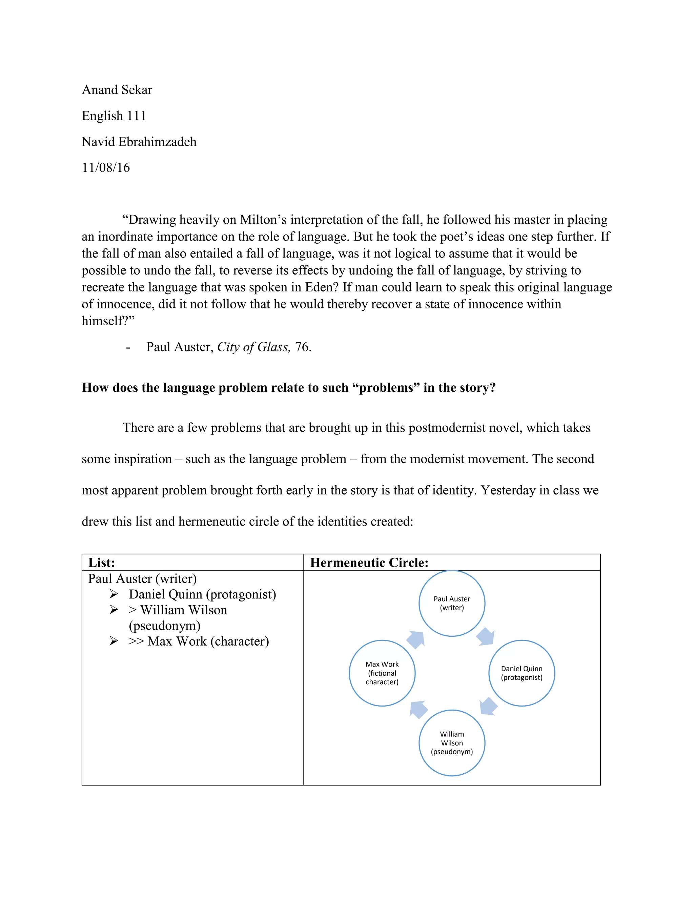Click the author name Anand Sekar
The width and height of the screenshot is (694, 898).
[117, 90]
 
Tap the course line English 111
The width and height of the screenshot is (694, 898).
[114, 116]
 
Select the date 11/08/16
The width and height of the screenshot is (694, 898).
[106, 168]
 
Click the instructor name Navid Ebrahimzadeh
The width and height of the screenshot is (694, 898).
[139, 142]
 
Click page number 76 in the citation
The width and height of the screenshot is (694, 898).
[302, 347]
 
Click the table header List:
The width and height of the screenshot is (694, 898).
[102, 563]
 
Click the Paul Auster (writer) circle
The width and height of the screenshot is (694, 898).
[451, 603]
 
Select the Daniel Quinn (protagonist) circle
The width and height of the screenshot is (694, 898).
[521, 673]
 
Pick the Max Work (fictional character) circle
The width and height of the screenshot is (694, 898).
[382, 673]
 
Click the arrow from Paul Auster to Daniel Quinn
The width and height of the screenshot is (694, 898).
[486, 636]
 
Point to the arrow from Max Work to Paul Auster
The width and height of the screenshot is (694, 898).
[416, 639]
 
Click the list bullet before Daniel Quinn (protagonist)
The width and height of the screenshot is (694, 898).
[114, 594]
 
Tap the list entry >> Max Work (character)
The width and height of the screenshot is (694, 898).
[199, 641]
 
